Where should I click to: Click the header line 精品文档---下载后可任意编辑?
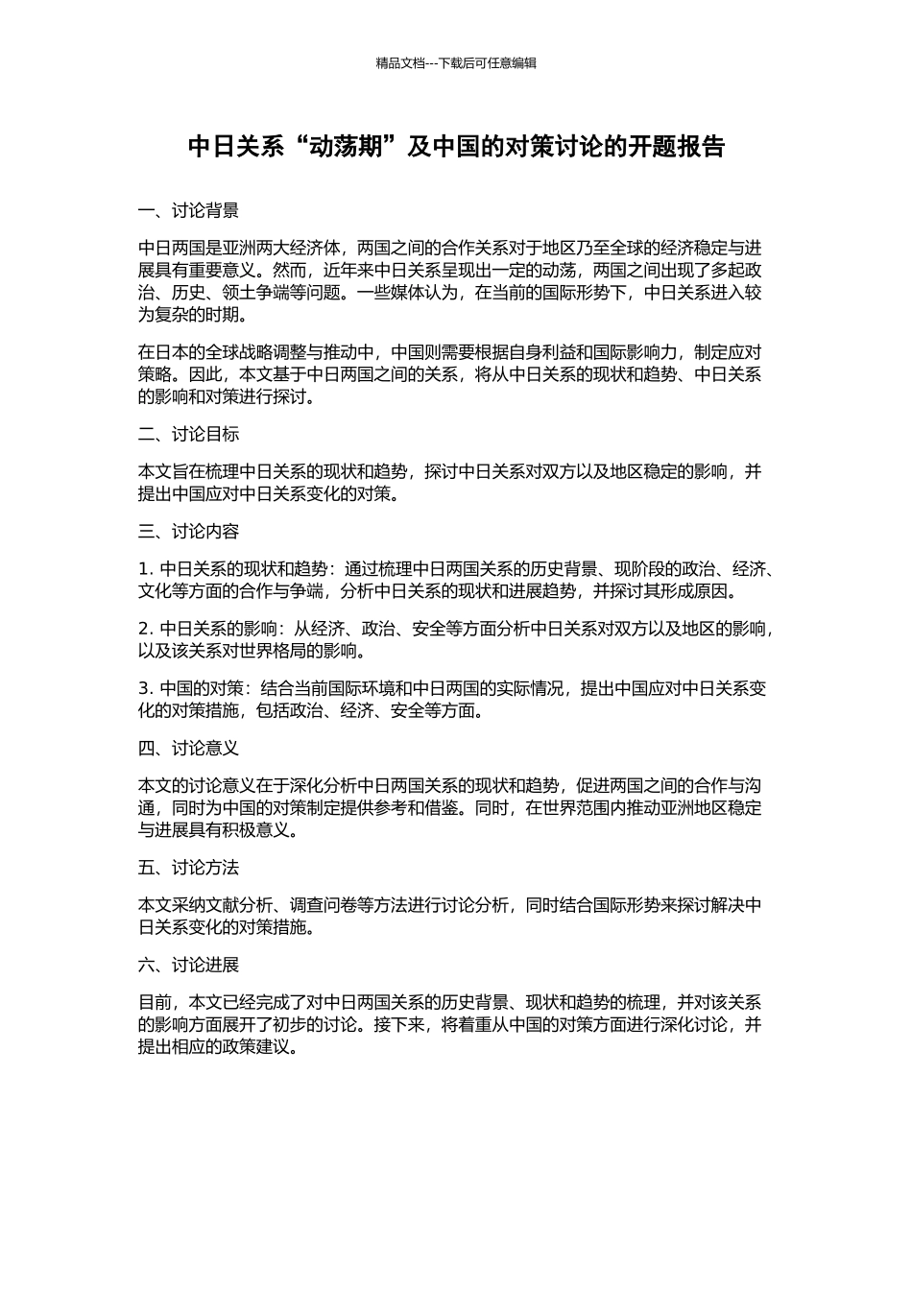456,63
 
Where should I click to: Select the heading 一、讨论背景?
188,211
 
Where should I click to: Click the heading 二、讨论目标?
188,435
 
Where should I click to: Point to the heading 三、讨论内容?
188,532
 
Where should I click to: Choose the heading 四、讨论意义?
188,748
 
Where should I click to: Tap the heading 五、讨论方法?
188,868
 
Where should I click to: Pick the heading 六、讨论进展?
188,965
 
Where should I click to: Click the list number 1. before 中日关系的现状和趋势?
146,569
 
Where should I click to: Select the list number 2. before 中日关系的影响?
146,630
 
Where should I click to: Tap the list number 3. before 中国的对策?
146,689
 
